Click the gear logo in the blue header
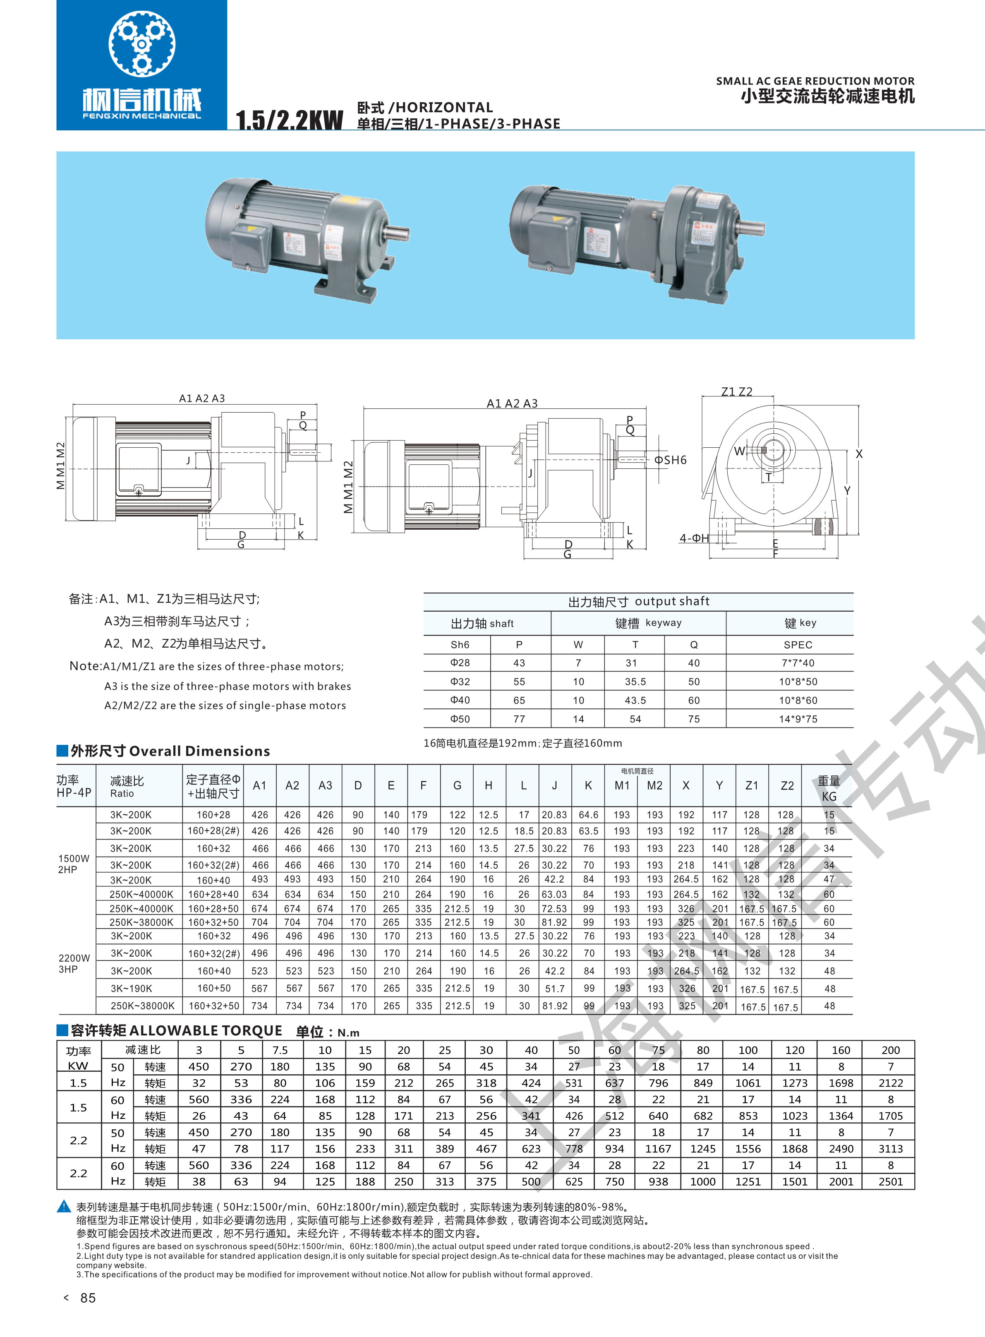tap(142, 43)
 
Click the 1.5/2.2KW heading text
tap(290, 120)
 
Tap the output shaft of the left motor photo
tap(396, 231)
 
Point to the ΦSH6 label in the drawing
tap(670, 460)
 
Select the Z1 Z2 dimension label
tap(737, 392)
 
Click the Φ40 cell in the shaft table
tap(460, 700)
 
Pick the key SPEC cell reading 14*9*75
tap(798, 719)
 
